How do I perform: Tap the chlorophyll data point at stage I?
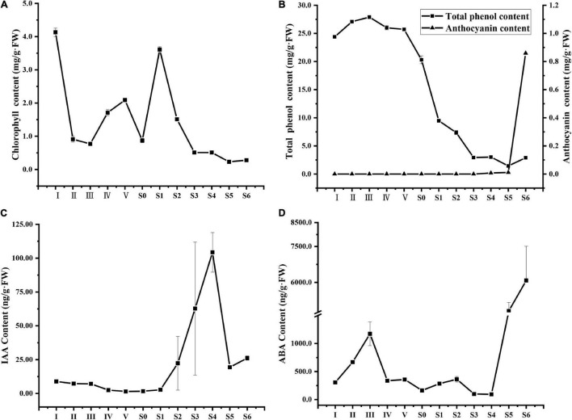(x=56, y=32)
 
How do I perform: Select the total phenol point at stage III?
(x=369, y=17)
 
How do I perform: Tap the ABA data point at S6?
(x=526, y=280)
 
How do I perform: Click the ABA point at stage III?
(x=371, y=334)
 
